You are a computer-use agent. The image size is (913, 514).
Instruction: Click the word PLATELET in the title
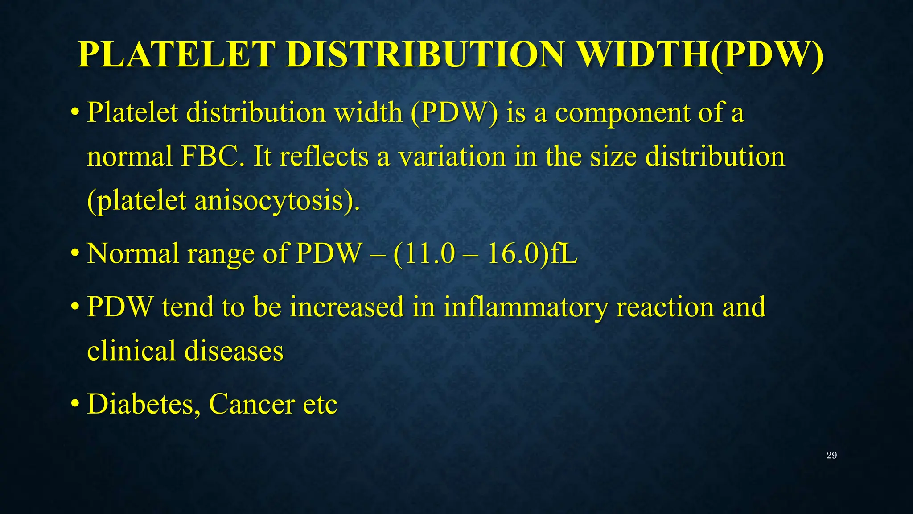pyautogui.click(x=176, y=55)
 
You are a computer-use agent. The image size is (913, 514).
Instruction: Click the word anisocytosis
pyautogui.click(x=271, y=201)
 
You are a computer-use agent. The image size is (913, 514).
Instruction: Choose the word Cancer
pyautogui.click(x=251, y=404)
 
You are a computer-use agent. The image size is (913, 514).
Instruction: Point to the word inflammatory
pyautogui.click(x=526, y=307)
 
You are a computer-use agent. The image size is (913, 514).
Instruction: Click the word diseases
pyautogui.click(x=234, y=351)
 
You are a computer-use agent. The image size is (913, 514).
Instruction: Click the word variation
pyautogui.click(x=452, y=157)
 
